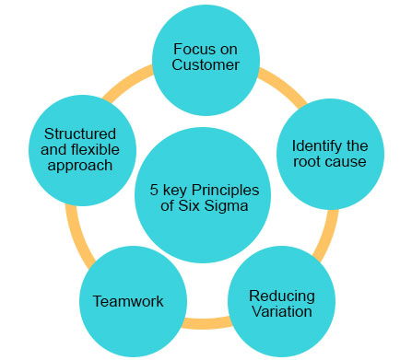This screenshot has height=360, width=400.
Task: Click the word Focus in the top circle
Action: click(191, 48)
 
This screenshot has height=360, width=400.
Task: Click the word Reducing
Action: click(281, 296)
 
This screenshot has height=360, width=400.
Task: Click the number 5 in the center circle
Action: click(155, 191)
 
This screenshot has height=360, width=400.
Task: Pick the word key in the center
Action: click(175, 191)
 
